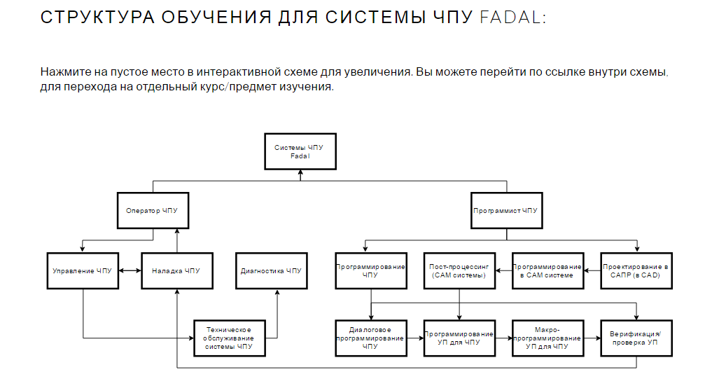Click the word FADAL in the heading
tap(510, 18)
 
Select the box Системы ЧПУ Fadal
tap(300, 151)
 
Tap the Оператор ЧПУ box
tap(153, 209)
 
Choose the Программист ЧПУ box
tap(505, 209)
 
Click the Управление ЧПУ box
tap(83, 270)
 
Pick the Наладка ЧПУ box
tap(176, 270)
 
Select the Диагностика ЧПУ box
tap(271, 270)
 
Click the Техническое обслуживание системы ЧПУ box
tap(230, 338)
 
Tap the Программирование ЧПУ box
tap(371, 270)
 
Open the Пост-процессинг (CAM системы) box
tap(459, 270)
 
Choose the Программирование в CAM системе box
tap(547, 270)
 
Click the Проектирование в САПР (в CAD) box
tap(636, 270)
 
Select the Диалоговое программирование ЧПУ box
tap(371, 338)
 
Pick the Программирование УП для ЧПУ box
tap(459, 338)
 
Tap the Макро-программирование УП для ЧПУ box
tap(547, 338)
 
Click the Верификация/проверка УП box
tap(636, 338)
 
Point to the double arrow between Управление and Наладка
tap(130, 270)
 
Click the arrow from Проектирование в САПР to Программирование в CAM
tap(592, 270)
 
